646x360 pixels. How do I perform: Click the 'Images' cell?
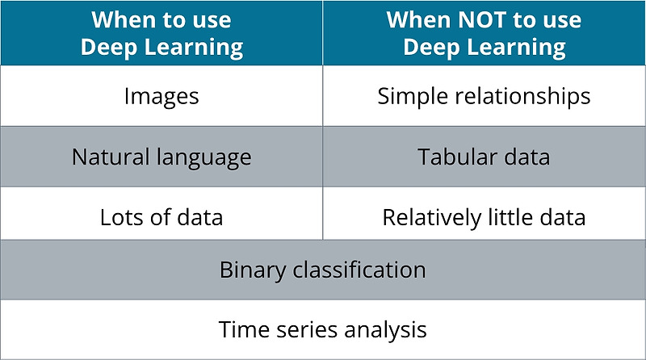click(x=161, y=96)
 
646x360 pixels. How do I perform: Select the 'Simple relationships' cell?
click(x=484, y=96)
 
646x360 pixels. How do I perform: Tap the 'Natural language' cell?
click(x=161, y=157)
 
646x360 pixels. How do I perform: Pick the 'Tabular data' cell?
click(x=484, y=157)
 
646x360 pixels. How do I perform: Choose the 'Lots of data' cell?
click(x=161, y=217)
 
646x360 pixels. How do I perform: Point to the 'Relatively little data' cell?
click(x=484, y=217)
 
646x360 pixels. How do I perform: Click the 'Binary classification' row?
click(x=323, y=270)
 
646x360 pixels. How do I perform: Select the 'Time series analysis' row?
click(x=323, y=329)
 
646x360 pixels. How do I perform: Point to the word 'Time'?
click(x=240, y=329)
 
